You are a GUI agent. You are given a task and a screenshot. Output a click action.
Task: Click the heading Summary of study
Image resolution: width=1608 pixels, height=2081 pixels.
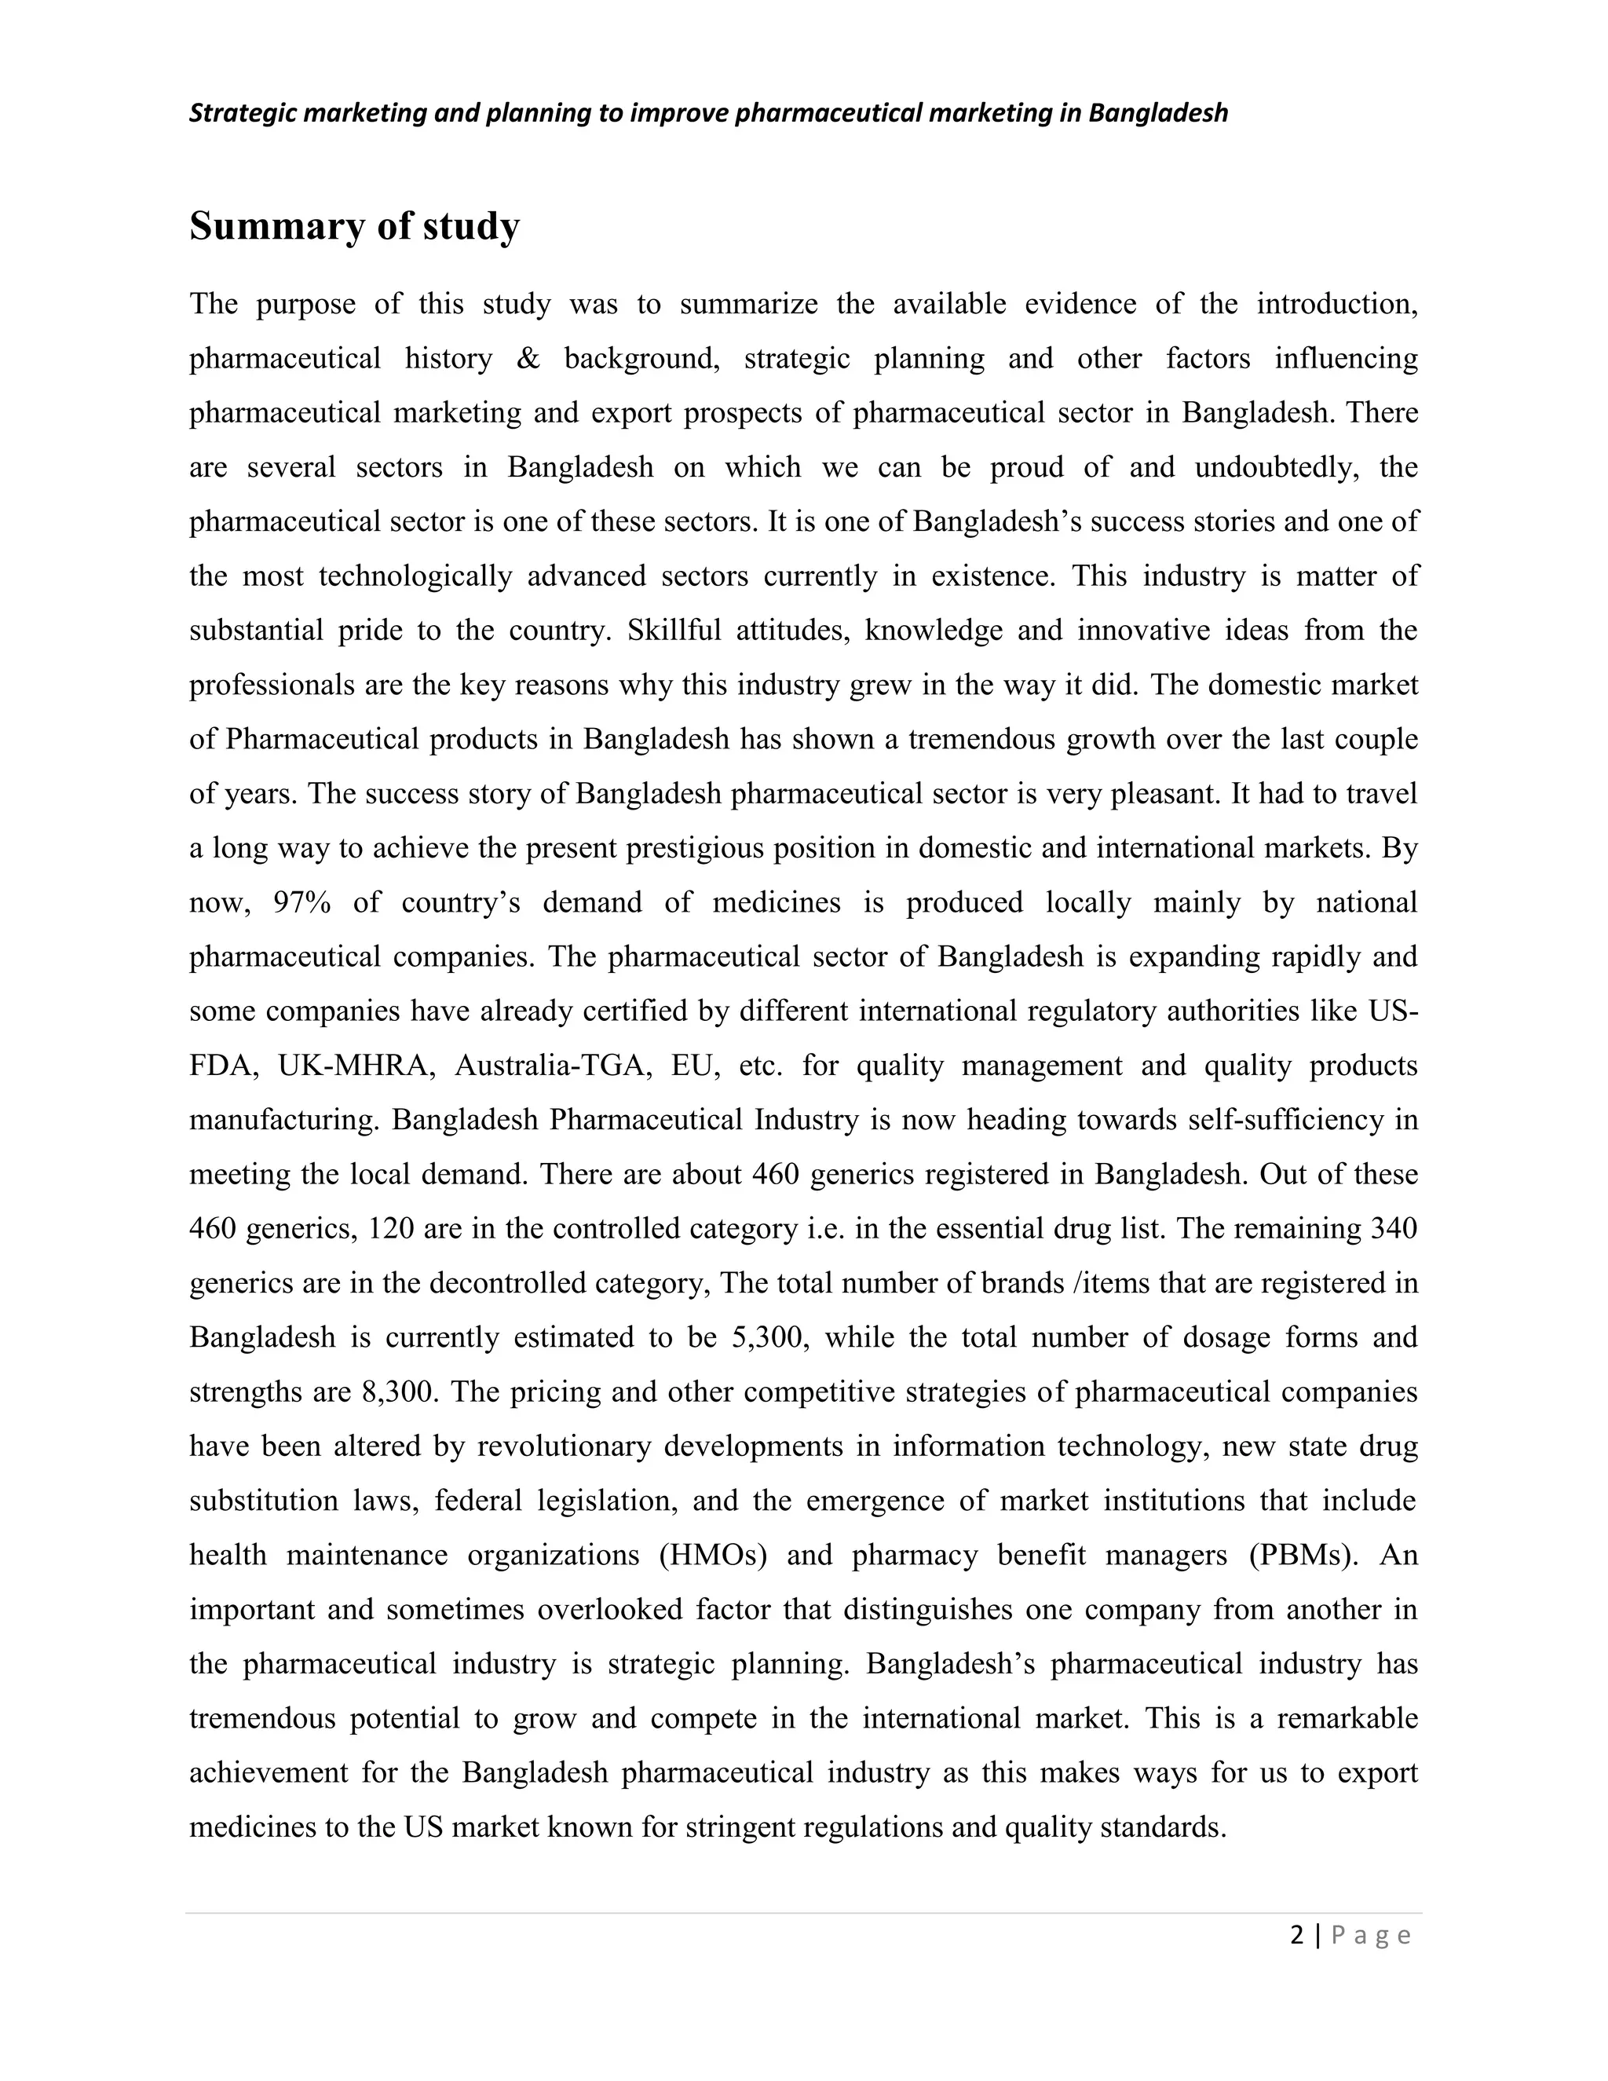tap(354, 227)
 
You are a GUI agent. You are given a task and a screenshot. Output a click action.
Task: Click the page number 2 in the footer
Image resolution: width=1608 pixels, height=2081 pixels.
tap(1296, 1935)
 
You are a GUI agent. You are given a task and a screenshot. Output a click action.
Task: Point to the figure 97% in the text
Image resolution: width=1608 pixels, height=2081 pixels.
tap(301, 902)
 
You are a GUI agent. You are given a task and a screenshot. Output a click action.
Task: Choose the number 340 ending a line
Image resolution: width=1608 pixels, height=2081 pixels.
tap(1393, 1228)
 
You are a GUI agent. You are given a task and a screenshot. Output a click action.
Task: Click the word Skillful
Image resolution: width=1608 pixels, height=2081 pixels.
tap(674, 631)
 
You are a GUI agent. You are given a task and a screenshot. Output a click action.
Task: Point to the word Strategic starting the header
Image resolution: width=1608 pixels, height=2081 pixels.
tap(241, 113)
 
